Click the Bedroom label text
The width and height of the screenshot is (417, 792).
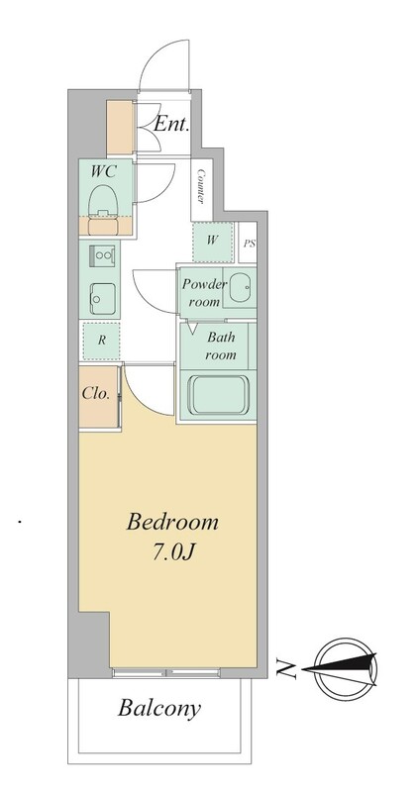click(172, 522)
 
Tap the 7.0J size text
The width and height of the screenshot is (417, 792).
click(173, 553)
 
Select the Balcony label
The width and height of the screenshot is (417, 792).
click(159, 708)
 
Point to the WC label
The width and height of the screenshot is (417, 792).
click(104, 171)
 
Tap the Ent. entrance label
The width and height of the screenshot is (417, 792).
click(171, 125)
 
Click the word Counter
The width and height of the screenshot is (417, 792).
click(201, 187)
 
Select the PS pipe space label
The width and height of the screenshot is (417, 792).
click(249, 244)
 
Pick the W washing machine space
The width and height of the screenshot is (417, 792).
click(213, 242)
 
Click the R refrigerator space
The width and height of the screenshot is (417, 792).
click(101, 341)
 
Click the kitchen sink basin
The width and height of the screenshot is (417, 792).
click(103, 299)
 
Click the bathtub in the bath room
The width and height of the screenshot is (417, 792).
click(217, 393)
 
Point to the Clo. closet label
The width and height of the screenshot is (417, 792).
click(96, 393)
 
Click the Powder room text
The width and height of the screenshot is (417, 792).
click(204, 293)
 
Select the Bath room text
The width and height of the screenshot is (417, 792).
click(220, 346)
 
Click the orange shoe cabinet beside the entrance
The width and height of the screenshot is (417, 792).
click(120, 128)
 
